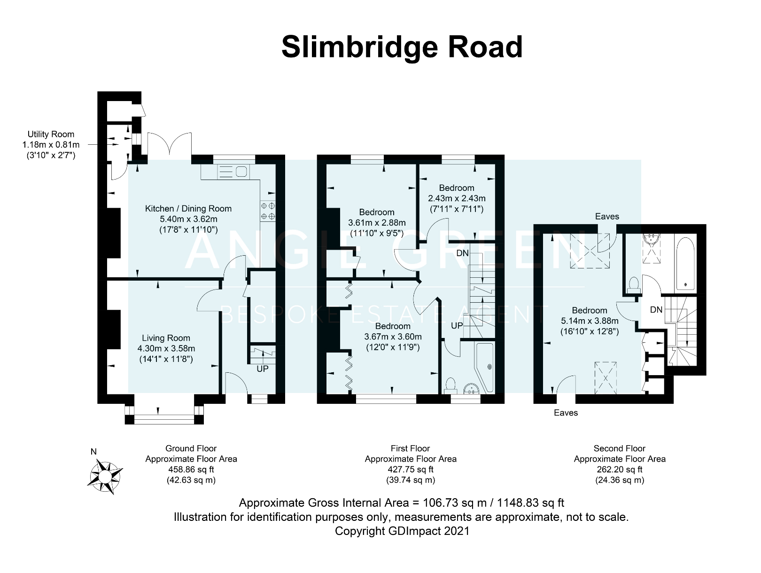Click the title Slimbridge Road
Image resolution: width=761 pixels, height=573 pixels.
pos(402,47)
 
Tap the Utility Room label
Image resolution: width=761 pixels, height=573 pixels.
pos(51,134)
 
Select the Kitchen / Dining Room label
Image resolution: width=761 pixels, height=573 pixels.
pos(188,209)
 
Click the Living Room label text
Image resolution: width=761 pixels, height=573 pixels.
pos(166,338)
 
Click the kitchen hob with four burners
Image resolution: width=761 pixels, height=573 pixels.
pos(268,211)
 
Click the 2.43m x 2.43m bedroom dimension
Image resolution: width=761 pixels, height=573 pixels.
pos(457,198)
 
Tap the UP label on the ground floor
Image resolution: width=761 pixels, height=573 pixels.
pos(263,369)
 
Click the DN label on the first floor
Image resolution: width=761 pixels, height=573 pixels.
pos(462,253)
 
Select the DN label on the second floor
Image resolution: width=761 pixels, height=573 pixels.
pos(656,310)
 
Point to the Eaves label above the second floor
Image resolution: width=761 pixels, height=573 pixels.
pos(607,217)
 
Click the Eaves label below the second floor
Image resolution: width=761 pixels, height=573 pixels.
pos(566,413)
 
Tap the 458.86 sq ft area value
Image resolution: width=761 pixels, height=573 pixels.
pos(191,469)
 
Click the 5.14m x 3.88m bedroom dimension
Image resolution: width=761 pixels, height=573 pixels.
pos(590,321)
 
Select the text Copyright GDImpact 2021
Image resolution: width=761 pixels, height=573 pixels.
pos(402,531)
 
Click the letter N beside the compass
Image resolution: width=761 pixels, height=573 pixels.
pos(93,452)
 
